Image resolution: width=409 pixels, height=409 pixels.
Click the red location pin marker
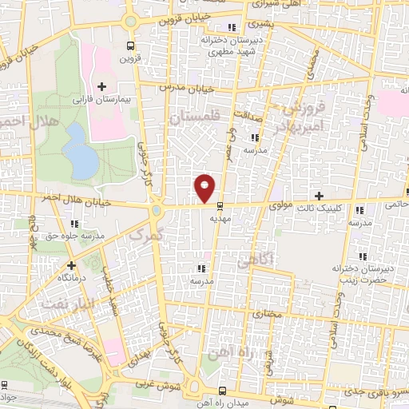tap(204, 187)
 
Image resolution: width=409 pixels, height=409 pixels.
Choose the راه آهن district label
tap(226, 351)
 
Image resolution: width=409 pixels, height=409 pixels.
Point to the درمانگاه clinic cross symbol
tap(72, 264)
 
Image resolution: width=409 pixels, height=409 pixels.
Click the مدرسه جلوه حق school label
tap(75, 236)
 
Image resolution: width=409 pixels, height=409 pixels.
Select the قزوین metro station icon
tap(130, 46)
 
